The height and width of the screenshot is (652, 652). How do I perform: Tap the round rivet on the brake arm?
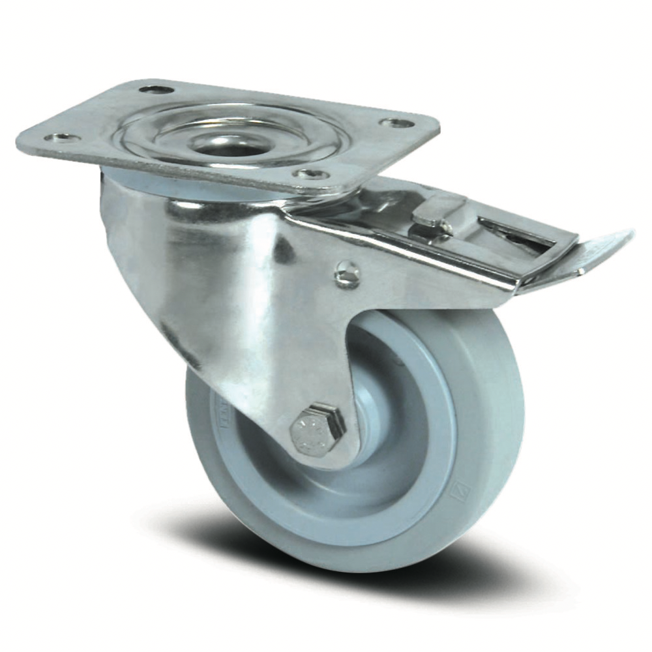pyautogui.click(x=347, y=273)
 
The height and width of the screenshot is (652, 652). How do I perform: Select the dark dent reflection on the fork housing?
pyautogui.click(x=282, y=248)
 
